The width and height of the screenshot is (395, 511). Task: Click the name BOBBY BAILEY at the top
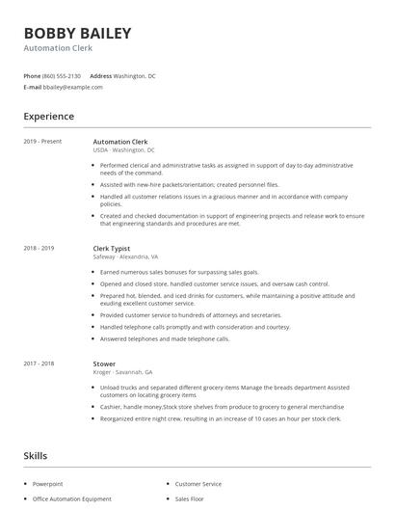(x=77, y=33)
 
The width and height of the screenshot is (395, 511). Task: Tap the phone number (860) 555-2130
(x=62, y=75)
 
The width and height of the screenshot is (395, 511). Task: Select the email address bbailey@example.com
(x=73, y=87)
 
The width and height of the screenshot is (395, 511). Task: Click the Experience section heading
(x=48, y=117)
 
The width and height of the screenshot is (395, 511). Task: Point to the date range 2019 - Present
(x=42, y=142)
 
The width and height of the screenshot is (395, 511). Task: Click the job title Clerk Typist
(x=113, y=248)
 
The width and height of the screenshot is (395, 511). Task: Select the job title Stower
(x=104, y=364)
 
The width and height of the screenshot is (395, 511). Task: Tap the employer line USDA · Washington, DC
(x=123, y=150)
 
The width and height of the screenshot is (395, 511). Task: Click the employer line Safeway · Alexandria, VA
(x=126, y=257)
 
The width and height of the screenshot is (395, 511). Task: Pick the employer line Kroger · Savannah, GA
(x=122, y=373)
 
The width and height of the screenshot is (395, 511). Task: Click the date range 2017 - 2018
(x=39, y=364)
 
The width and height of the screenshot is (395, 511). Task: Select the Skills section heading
(x=37, y=454)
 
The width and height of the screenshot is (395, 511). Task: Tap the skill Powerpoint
(x=47, y=484)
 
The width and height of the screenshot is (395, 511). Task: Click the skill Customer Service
(x=197, y=484)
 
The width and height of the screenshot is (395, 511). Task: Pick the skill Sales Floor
(x=190, y=499)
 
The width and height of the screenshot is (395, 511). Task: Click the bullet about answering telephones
(x=165, y=339)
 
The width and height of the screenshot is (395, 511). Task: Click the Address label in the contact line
(x=100, y=75)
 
